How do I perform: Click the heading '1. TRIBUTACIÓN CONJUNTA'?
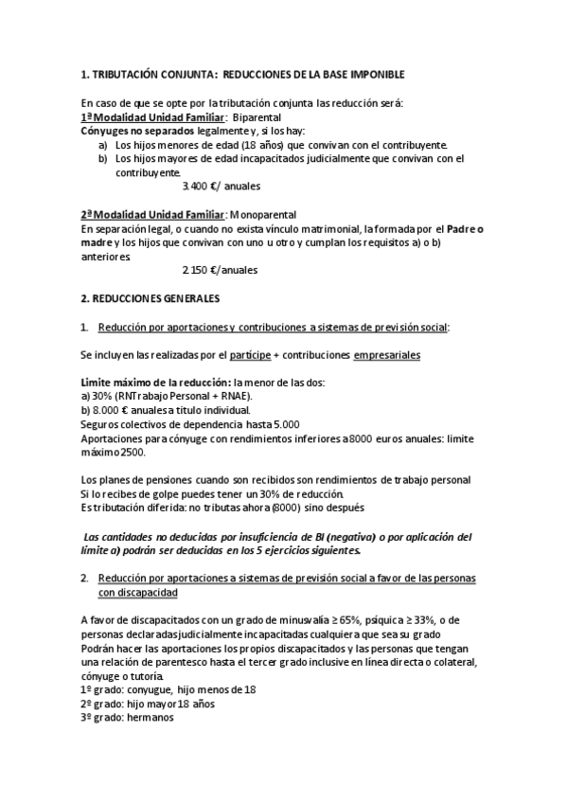(x=151, y=73)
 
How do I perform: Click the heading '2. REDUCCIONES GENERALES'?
(x=151, y=299)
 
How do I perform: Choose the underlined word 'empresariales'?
(x=386, y=355)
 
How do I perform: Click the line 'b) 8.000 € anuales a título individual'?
(x=166, y=410)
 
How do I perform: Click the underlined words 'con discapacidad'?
(x=138, y=592)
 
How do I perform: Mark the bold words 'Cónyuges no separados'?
(x=138, y=131)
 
